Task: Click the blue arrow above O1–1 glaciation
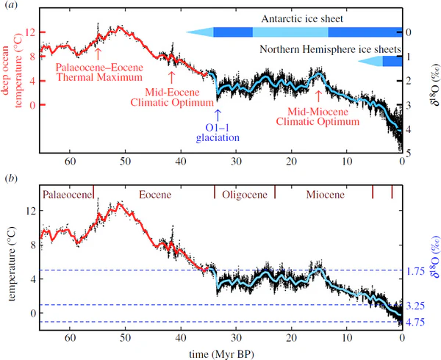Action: pos(218,114)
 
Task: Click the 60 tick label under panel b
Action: pos(71,339)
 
